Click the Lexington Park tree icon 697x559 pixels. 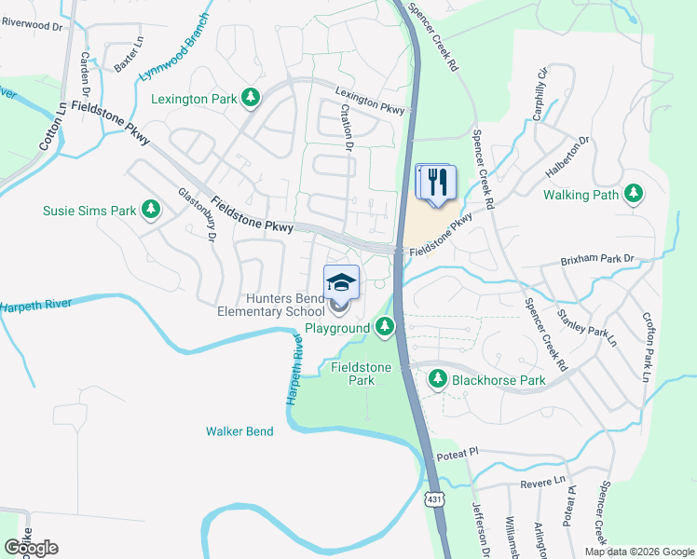tap(250, 97)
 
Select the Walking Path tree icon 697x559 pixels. tap(634, 195)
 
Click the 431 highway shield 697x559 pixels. tap(434, 499)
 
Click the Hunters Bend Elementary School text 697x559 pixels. tap(271, 306)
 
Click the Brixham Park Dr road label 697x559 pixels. tap(597, 258)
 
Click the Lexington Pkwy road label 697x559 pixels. tap(371, 101)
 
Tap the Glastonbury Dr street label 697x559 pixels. tap(198, 215)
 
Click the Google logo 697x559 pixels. tap(32, 548)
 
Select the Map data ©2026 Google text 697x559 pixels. tap(638, 552)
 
